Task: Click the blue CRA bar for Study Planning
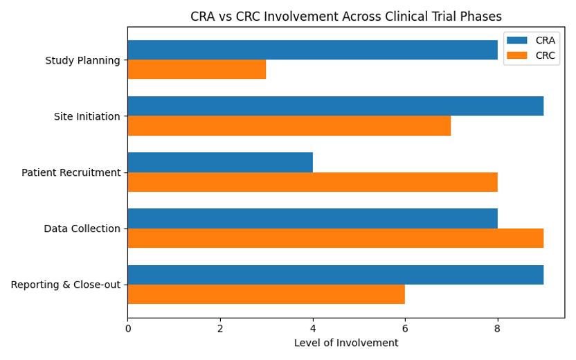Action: (x=312, y=50)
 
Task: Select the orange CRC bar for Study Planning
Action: (x=197, y=69)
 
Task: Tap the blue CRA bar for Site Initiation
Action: (x=335, y=106)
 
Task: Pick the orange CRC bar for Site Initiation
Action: (x=289, y=125)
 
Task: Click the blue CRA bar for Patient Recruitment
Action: (x=220, y=162)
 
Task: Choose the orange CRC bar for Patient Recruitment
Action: (x=312, y=182)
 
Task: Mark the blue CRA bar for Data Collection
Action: (x=312, y=218)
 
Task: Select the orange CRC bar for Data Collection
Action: (x=335, y=238)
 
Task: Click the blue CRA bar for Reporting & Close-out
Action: (x=335, y=275)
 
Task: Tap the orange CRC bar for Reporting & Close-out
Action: (x=266, y=294)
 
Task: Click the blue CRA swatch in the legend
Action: (x=517, y=40)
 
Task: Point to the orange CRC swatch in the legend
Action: (x=517, y=55)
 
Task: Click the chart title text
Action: (x=345, y=17)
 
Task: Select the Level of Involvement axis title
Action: (x=345, y=343)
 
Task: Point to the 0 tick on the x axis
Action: (x=128, y=327)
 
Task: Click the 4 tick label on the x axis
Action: (x=313, y=327)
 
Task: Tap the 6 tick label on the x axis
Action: (x=405, y=327)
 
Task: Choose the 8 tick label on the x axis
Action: (x=498, y=327)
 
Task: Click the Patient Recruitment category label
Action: (x=71, y=172)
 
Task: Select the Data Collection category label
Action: (x=82, y=228)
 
